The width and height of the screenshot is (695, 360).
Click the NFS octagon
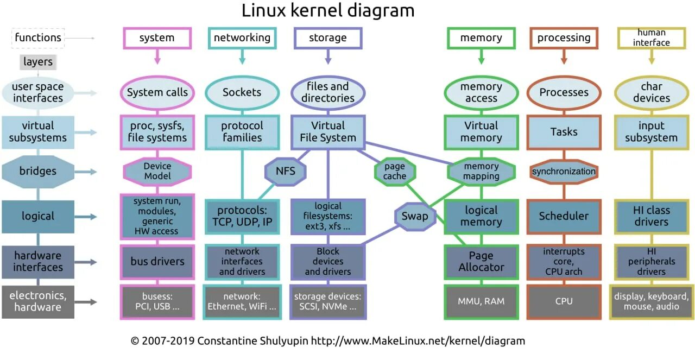point(285,172)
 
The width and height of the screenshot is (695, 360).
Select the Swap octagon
point(415,216)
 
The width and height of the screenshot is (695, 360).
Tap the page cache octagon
point(395,172)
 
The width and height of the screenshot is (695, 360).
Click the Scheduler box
point(564,216)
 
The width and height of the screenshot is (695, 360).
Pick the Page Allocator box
point(481,262)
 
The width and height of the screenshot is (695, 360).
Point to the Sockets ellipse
point(242,92)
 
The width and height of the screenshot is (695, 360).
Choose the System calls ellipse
point(157,92)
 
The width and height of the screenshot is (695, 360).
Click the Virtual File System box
point(328,132)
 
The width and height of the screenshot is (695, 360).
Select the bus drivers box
point(157,262)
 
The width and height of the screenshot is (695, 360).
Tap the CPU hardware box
point(564,301)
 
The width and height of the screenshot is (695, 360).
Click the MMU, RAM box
point(481,301)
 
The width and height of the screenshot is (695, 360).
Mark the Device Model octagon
point(157,172)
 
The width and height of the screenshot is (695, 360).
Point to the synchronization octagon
point(564,172)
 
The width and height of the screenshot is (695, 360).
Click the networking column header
point(242,38)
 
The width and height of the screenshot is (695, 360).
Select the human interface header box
point(652,38)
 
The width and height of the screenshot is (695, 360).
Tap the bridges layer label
point(38,172)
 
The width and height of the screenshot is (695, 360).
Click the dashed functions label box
point(38,38)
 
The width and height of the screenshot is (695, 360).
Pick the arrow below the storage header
point(328,56)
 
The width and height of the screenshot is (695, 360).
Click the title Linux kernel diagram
point(328,11)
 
